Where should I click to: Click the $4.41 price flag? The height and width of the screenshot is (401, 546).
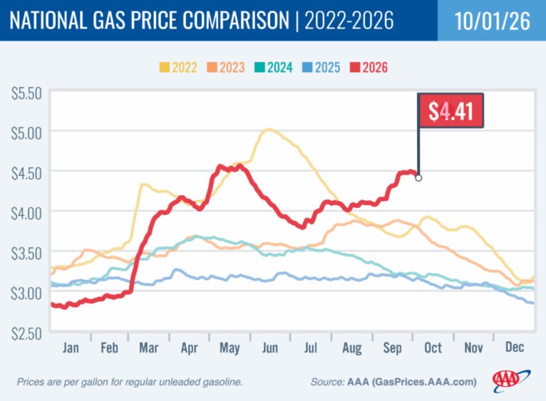click(450, 110)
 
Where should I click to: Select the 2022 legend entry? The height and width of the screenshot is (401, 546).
click(178, 67)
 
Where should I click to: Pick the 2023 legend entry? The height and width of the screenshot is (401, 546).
click(226, 67)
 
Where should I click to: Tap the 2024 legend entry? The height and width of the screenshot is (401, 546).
click(273, 67)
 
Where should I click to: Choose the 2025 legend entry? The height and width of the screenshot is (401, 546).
click(321, 67)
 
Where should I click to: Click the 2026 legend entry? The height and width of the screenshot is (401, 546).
click(369, 67)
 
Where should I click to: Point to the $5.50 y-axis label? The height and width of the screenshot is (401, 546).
click(26, 93)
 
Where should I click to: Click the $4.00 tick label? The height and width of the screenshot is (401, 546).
click(26, 214)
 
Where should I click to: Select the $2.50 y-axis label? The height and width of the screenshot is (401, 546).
click(26, 333)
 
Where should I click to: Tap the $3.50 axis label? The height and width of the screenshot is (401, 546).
click(26, 254)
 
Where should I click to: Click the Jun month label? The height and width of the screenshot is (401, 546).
click(270, 348)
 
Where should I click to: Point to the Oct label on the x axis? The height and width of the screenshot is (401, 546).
click(433, 348)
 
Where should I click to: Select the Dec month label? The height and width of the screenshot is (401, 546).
click(515, 347)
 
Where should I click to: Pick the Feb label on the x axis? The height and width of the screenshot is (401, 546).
click(109, 348)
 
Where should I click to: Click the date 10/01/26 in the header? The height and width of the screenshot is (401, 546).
click(492, 21)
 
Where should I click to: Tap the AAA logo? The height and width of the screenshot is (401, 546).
click(511, 380)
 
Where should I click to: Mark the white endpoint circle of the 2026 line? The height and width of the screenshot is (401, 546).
click(418, 178)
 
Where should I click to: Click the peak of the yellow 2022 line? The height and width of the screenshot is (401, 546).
click(269, 130)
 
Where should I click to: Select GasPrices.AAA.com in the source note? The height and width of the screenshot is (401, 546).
click(423, 382)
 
